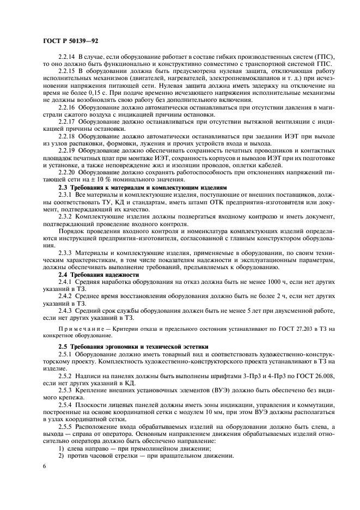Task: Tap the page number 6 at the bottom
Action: click(45, 467)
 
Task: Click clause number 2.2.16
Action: click(68, 107)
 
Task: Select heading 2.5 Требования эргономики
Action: click(126, 347)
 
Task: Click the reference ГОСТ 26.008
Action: click(316, 375)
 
